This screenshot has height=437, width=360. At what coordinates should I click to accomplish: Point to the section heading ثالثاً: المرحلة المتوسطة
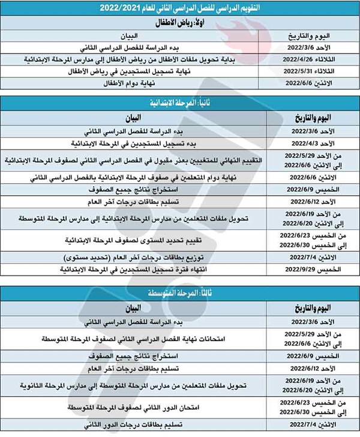[180, 296]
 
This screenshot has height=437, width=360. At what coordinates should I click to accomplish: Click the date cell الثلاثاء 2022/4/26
[307, 61]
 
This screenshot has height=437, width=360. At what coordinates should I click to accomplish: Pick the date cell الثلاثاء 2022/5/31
[307, 73]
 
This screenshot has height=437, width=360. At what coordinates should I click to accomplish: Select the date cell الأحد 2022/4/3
[307, 144]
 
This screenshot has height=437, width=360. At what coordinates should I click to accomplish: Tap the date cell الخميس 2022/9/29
[307, 270]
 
